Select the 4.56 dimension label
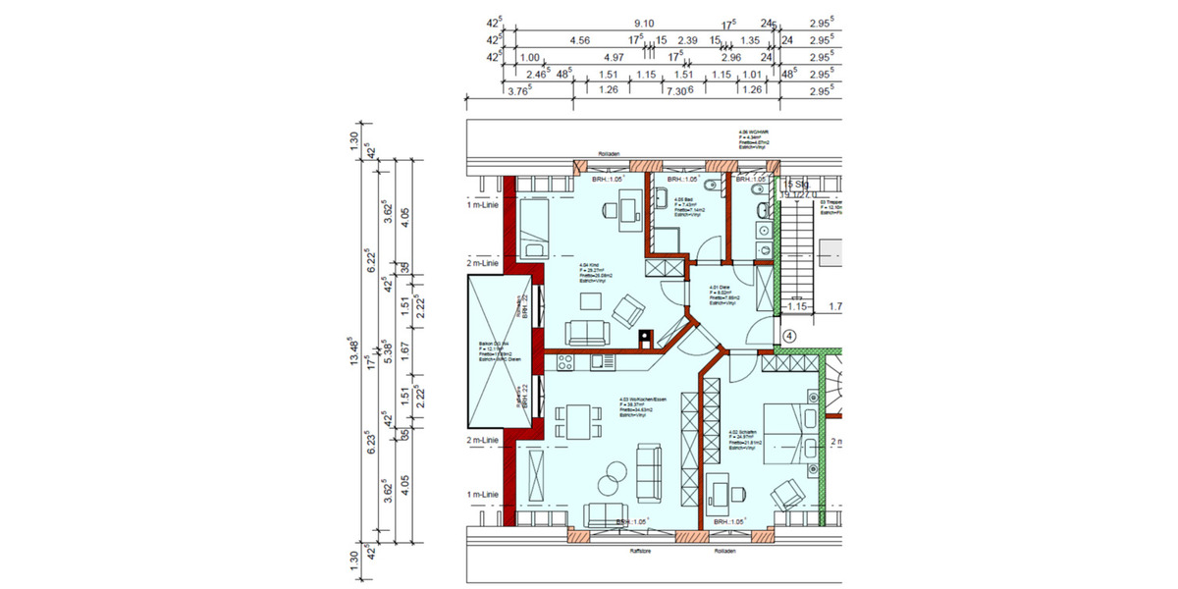click(580, 41)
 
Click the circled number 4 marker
click(789, 334)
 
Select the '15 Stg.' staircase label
click(792, 184)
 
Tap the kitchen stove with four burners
click(566, 361)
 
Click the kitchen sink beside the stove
click(600, 361)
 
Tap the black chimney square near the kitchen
click(645, 341)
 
